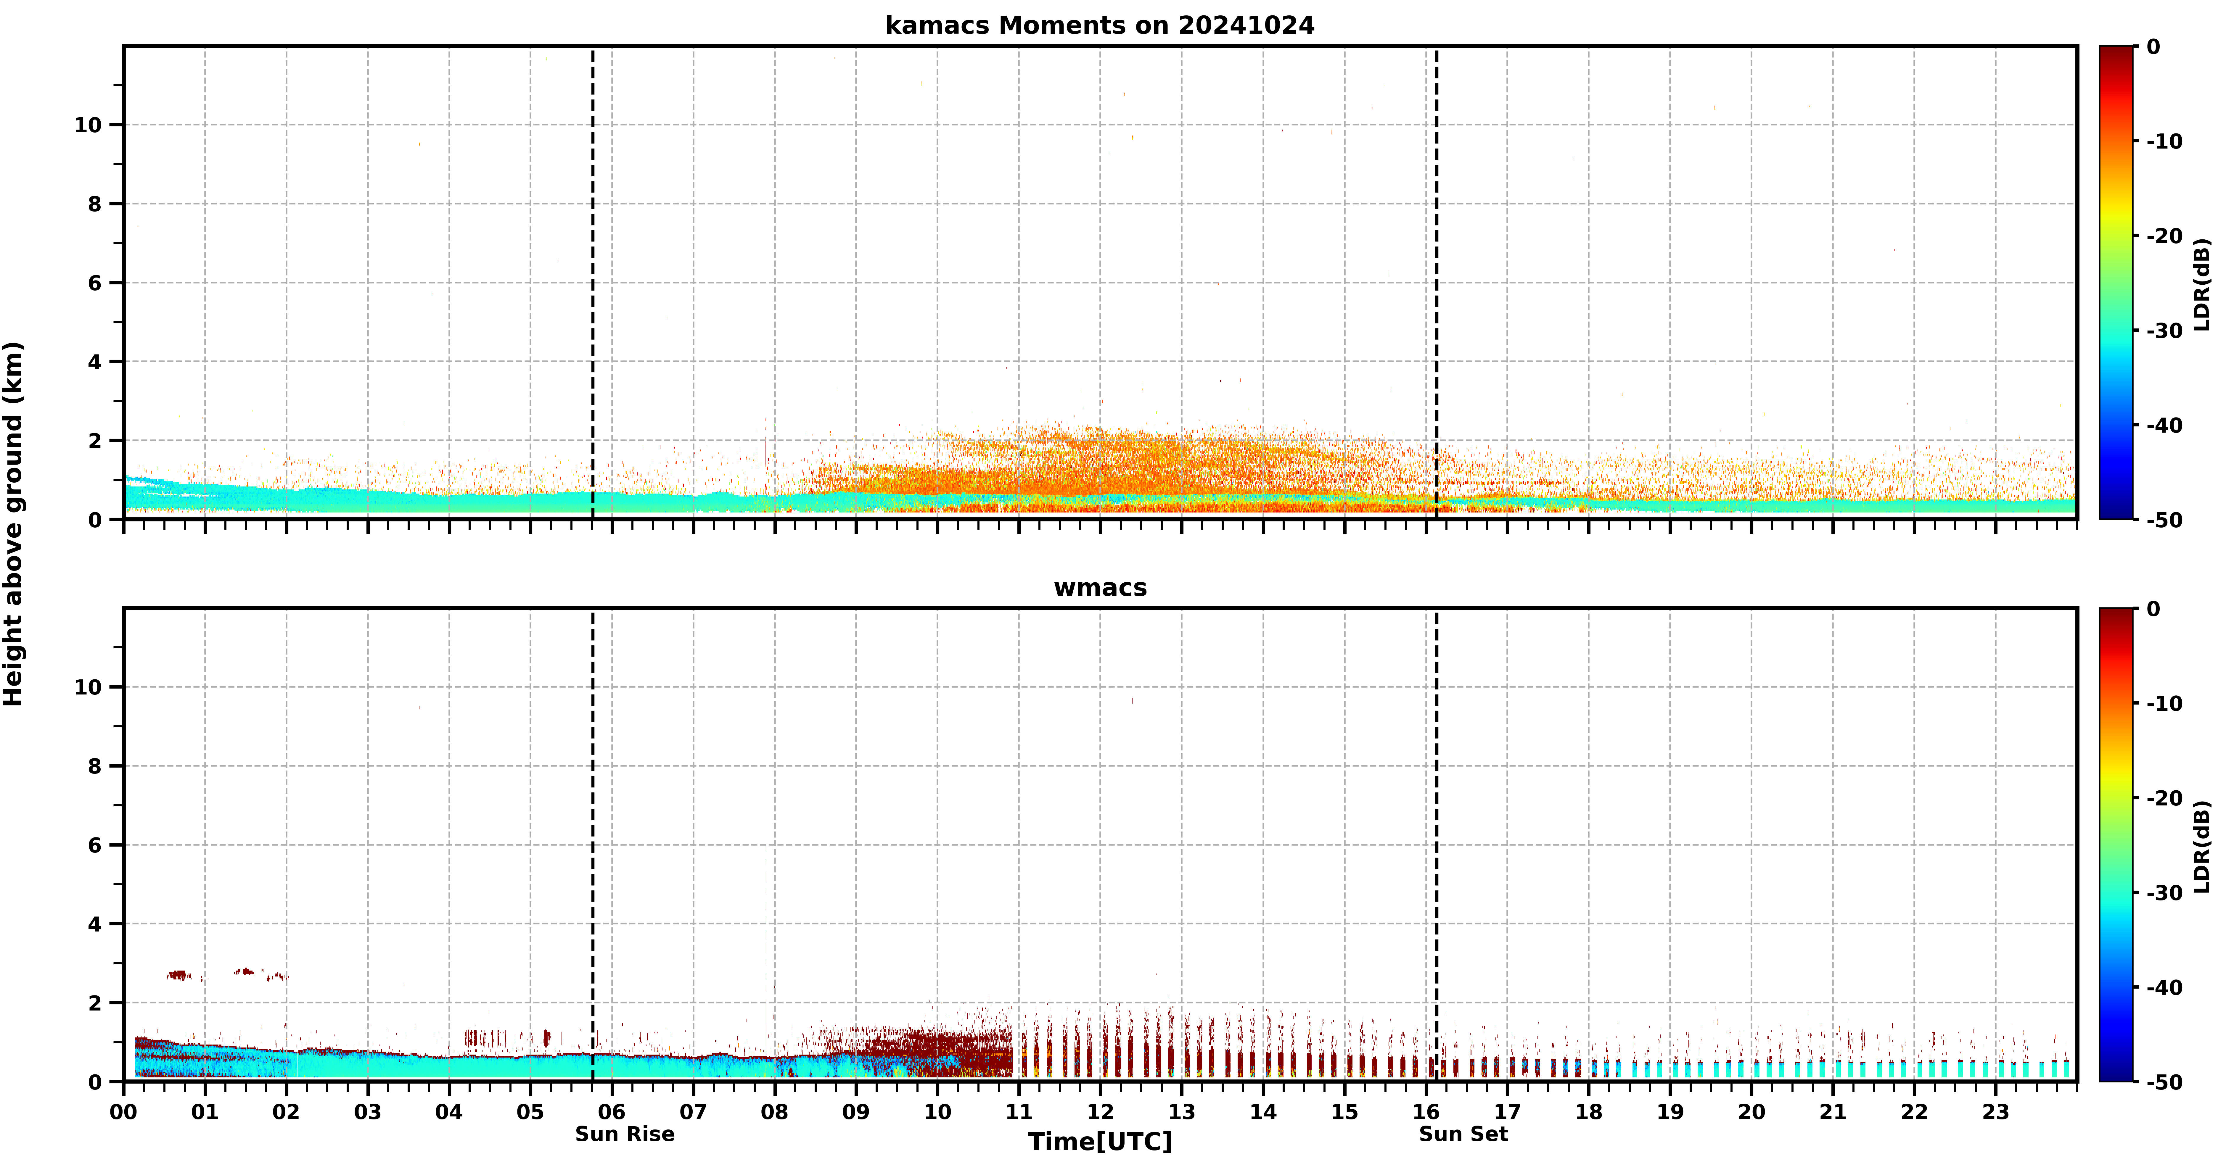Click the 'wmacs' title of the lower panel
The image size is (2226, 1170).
tap(1100, 588)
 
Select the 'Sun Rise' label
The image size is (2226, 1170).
tap(625, 1134)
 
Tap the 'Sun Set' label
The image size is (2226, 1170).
tap(1463, 1134)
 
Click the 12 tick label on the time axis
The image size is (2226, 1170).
tap(1100, 1111)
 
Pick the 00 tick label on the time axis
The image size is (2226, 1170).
tap(123, 1111)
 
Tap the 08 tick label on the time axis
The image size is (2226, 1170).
tap(774, 1111)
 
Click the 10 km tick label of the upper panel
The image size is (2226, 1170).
tap(88, 125)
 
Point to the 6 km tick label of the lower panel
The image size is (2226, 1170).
tap(95, 845)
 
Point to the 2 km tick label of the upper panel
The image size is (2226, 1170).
tap(95, 441)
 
